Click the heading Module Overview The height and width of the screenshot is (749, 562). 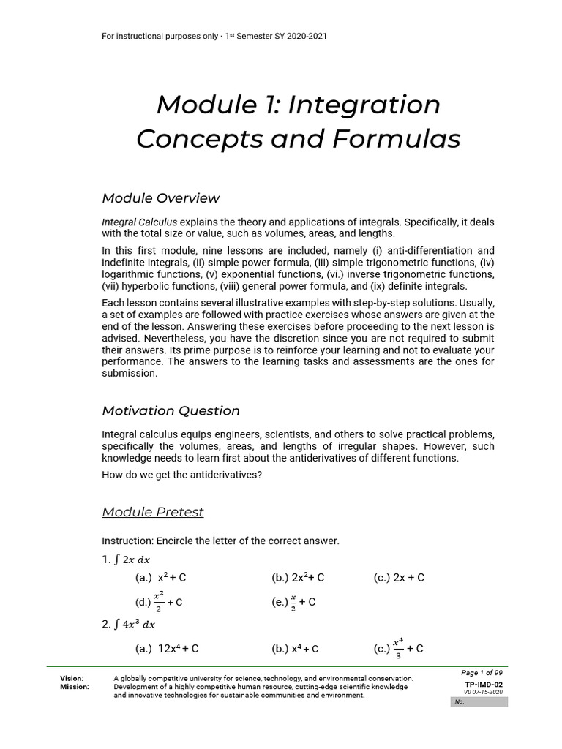click(160, 198)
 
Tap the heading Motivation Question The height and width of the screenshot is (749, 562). click(171, 410)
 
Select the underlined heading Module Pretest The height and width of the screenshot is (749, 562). click(153, 512)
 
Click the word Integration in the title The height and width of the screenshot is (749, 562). click(364, 105)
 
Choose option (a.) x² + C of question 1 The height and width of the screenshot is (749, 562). click(161, 578)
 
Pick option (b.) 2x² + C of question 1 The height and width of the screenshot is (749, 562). click(298, 578)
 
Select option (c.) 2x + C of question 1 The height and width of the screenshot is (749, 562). click(399, 578)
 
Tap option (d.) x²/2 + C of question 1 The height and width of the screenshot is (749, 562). click(159, 601)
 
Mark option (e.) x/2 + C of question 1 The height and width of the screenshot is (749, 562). click(293, 601)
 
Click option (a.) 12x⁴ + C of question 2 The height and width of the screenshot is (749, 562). click(167, 648)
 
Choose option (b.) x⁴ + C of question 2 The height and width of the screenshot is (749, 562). click(295, 648)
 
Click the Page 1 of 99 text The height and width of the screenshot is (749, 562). click(482, 673)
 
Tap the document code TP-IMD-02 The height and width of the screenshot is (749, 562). click(484, 685)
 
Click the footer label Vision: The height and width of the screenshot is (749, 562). click(72, 679)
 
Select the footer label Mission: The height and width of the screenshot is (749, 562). click(75, 687)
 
